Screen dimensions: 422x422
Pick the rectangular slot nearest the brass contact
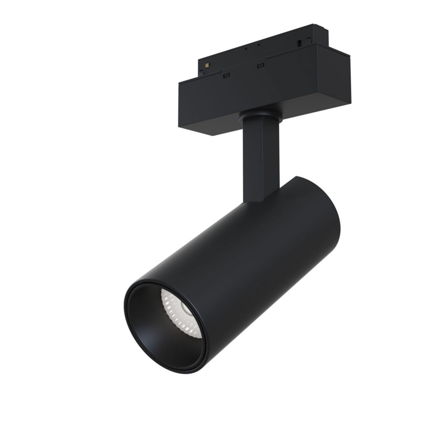click(x=226, y=75)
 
